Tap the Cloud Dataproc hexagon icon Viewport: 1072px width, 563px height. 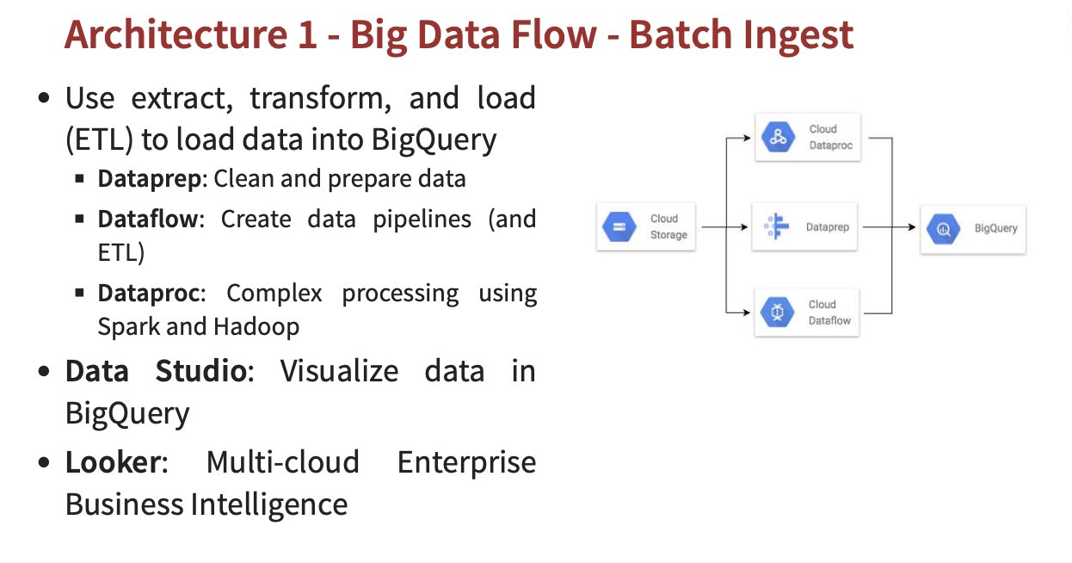coord(779,137)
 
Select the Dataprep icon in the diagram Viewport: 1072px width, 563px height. coord(776,227)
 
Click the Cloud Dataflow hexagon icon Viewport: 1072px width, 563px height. coord(779,312)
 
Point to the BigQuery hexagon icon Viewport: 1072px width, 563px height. coord(944,228)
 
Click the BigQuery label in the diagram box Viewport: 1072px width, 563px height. coord(995,228)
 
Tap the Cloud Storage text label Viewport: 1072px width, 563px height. coord(668,227)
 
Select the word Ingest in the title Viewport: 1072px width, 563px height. coord(799,35)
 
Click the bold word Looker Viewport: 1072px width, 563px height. coord(113,462)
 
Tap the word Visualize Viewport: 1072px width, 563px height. coord(339,371)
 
